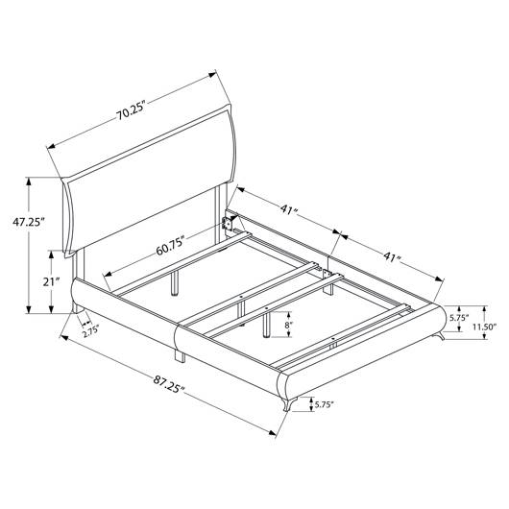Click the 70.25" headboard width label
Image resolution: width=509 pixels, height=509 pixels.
pos(131,111)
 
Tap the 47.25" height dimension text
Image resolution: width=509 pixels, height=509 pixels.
pos(28,222)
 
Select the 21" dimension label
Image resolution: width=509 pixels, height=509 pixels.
pos(51,281)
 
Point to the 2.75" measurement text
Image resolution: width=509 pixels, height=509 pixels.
pos(90,332)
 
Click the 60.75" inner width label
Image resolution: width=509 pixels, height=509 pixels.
pos(170,248)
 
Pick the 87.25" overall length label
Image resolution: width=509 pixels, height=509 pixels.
pos(169,385)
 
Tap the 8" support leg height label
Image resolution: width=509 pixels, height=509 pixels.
pos(288,324)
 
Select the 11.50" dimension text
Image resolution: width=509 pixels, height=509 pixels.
pos(484,327)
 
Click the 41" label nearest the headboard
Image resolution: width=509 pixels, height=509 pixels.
pos(289,209)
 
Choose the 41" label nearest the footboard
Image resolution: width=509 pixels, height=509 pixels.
pos(392,257)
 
